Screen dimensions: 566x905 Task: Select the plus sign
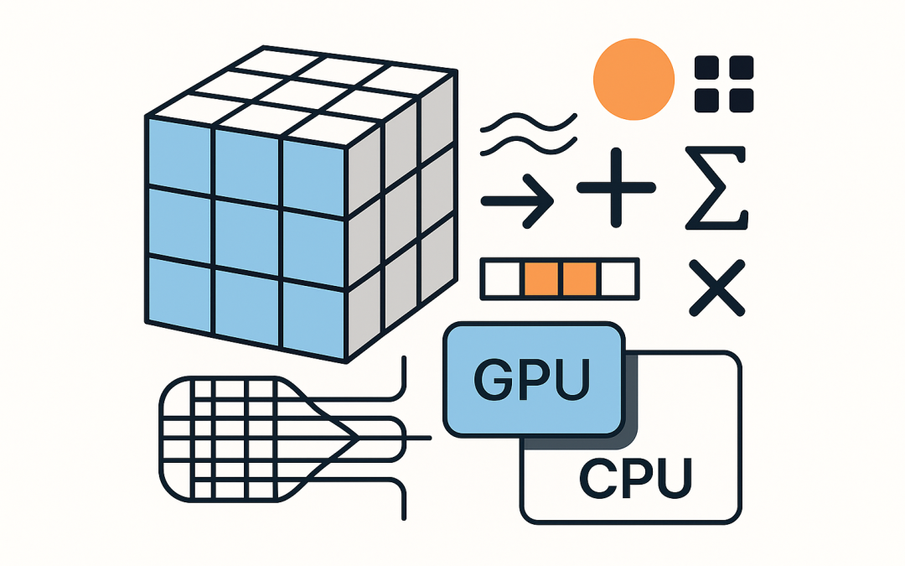point(616,188)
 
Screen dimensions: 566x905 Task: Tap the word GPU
point(532,381)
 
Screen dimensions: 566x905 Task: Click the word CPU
point(637,479)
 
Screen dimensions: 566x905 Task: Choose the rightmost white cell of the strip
point(619,279)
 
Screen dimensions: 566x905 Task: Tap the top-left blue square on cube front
point(178,155)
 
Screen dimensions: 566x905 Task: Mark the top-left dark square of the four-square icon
point(708,68)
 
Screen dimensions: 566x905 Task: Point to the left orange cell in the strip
point(540,279)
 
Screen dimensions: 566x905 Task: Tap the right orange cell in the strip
point(580,279)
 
